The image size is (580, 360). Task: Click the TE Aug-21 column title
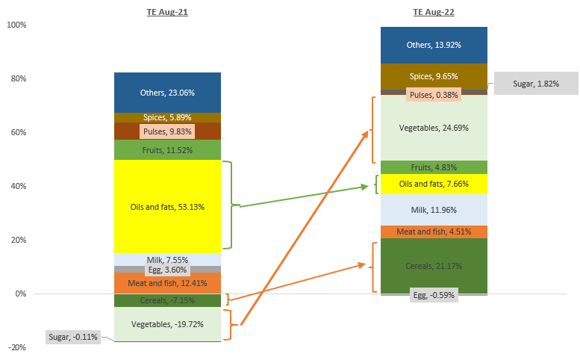[166, 12]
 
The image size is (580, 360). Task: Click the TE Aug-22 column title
[434, 12]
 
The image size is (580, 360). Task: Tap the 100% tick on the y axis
[16, 25]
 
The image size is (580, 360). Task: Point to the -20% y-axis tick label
[16, 347]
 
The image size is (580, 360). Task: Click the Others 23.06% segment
[167, 93]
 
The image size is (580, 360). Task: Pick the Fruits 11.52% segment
[167, 150]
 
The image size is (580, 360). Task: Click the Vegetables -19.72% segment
[167, 324]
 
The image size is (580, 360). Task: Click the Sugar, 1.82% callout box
[536, 84]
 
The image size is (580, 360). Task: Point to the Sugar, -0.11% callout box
[72, 337]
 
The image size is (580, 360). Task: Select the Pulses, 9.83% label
[167, 131]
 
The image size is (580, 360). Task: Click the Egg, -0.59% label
[434, 295]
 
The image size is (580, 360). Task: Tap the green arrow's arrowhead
[365, 187]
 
